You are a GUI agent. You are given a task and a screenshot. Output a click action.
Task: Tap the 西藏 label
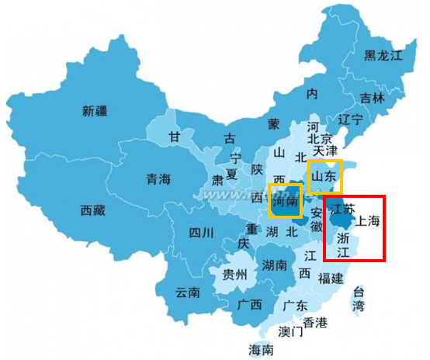tap(98, 209)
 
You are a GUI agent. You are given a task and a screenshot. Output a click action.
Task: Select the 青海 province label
tap(158, 180)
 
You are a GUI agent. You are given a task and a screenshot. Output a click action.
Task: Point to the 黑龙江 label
tap(384, 55)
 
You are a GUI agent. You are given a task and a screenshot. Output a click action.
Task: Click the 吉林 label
tap(372, 99)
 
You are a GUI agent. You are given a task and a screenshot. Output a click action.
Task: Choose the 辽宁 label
tap(350, 119)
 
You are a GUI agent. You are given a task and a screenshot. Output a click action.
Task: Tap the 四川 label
tap(204, 233)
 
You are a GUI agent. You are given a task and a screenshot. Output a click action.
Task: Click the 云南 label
tap(188, 292)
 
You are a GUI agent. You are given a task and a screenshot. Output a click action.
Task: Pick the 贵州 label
tap(234, 275)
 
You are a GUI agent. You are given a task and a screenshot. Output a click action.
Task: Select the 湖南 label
tap(276, 265)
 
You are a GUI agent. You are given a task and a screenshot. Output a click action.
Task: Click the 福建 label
tap(330, 277)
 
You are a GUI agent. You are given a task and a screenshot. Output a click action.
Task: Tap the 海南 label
tap(261, 350)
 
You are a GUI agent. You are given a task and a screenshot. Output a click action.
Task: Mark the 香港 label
tap(315, 322)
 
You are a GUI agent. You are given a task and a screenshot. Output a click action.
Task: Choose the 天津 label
tap(324, 150)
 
